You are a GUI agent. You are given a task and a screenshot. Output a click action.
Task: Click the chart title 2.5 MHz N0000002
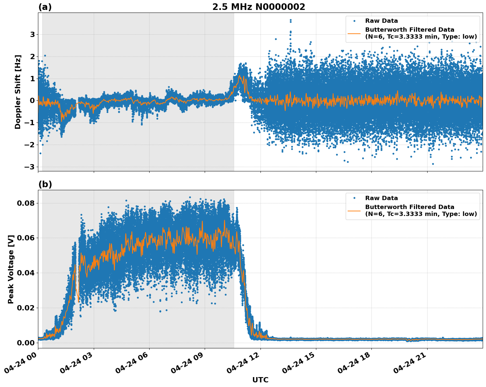[259, 7]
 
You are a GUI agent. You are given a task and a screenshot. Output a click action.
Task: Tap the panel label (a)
[45, 7]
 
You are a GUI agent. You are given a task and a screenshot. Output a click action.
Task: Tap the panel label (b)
[45, 184]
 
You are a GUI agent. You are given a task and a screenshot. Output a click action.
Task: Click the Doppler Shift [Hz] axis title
[18, 92]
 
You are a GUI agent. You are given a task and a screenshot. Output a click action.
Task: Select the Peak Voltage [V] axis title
[11, 269]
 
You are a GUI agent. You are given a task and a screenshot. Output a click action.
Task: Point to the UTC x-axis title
[260, 380]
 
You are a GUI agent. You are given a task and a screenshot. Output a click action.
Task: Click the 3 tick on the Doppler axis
[32, 34]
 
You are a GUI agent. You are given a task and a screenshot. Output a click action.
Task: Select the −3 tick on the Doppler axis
[30, 167]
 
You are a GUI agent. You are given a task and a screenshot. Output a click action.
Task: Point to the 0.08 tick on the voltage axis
[25, 203]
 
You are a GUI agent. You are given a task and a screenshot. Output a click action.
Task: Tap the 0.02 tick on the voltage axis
[25, 308]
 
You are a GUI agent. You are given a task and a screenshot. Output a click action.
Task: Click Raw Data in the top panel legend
[381, 21]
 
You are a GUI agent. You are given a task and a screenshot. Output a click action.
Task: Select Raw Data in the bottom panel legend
[381, 198]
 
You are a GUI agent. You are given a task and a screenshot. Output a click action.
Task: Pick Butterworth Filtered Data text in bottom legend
[409, 207]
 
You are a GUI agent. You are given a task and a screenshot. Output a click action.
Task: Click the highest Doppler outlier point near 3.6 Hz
[291, 20]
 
